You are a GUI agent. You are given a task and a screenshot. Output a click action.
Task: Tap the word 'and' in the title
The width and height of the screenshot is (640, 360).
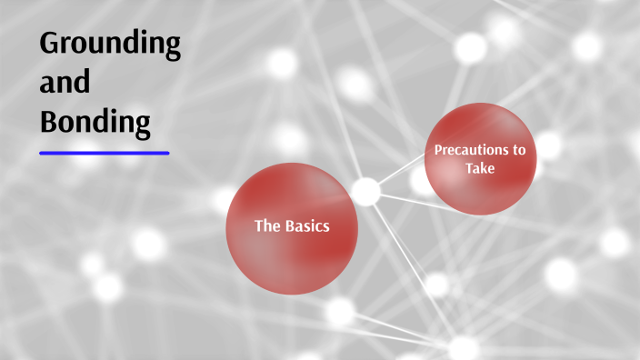[x=65, y=83]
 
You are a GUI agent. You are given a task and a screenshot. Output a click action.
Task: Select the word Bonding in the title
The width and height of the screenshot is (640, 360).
[x=95, y=123]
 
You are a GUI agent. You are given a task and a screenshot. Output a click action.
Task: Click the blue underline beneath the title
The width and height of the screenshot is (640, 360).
[x=105, y=153]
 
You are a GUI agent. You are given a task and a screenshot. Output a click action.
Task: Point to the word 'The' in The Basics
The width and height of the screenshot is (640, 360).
[x=266, y=226]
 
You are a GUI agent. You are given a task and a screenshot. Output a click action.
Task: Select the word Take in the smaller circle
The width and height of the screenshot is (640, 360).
[x=480, y=168]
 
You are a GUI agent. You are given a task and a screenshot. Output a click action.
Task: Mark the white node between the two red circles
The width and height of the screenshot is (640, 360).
[x=365, y=192]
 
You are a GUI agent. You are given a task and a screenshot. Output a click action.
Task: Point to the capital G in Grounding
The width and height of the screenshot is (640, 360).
[x=50, y=44]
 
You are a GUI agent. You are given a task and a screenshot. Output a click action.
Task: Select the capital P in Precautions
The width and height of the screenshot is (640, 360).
[x=438, y=150]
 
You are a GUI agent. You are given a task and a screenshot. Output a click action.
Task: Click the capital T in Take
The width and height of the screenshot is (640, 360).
[x=469, y=168]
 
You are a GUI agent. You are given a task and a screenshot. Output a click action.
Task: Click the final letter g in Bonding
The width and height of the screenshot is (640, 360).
[x=142, y=125]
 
